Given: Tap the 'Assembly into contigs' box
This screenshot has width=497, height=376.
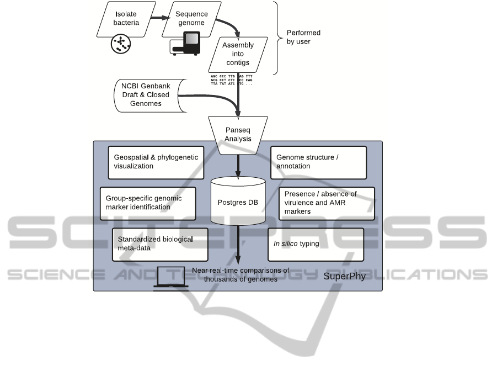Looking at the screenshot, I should (238, 54).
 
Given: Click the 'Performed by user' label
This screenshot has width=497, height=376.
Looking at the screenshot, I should (303, 37).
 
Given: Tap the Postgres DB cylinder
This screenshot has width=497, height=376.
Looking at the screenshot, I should (238, 203).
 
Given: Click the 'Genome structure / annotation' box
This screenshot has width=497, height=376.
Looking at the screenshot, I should (318, 162).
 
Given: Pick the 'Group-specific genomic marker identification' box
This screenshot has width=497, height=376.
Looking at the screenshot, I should (148, 202).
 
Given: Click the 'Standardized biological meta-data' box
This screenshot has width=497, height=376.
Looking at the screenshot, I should (160, 243).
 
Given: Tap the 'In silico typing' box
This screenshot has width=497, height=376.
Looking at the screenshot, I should (316, 244).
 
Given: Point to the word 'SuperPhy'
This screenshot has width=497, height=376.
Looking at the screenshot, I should (344, 276).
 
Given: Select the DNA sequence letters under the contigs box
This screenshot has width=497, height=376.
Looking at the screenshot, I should (231, 80).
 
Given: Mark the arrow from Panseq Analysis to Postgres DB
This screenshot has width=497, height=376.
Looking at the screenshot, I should (238, 166).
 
